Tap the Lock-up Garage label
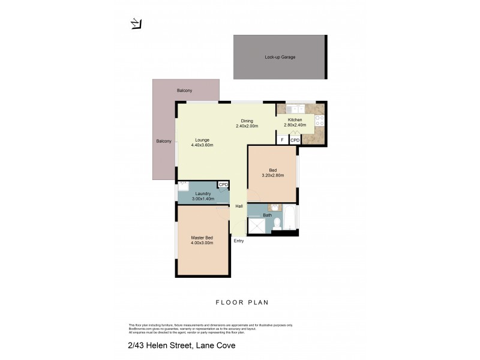(x=280, y=57)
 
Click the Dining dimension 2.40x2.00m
(x=246, y=127)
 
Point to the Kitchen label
(x=295, y=120)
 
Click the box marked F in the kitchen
(x=282, y=140)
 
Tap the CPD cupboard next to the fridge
(x=295, y=140)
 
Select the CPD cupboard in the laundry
(x=223, y=185)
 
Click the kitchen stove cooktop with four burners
(x=319, y=121)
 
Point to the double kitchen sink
(x=295, y=109)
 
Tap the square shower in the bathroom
(x=257, y=226)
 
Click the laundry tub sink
(x=184, y=185)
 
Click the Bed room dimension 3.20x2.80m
(x=272, y=175)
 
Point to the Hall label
(x=239, y=206)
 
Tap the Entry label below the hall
(x=239, y=241)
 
